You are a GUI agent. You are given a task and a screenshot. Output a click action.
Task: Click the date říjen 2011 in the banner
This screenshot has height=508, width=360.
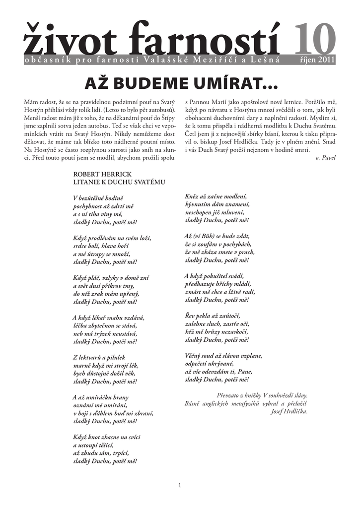pos(318,61)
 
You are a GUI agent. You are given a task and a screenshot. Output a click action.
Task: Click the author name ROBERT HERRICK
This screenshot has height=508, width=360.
pos(102,174)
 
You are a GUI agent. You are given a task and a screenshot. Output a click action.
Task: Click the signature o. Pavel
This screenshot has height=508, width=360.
pos(326,158)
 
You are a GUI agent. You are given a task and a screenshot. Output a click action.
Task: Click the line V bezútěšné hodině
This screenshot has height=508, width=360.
pos(98,198)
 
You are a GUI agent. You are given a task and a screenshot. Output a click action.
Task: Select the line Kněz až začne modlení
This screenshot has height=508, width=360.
pos(216,196)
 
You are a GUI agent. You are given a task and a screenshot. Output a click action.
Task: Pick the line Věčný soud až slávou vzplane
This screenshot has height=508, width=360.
pos(223,356)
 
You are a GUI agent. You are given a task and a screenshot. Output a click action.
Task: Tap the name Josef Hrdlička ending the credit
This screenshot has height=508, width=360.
pos(289,412)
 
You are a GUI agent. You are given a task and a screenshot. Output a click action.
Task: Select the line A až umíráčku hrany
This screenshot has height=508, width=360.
pos(101,397)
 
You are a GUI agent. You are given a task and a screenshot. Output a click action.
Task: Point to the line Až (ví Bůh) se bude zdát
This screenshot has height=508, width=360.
pos(216,236)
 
